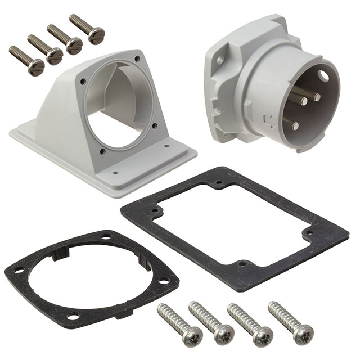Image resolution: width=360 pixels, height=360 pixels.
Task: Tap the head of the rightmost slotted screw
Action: (x=96, y=35)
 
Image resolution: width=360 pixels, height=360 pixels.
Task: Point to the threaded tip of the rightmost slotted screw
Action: (x=72, y=18)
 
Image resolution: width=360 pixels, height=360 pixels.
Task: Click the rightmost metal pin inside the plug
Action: (x=317, y=97)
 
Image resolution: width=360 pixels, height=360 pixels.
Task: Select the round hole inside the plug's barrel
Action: (x=323, y=75)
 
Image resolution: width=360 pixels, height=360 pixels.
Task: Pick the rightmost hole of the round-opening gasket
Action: (x=164, y=282)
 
